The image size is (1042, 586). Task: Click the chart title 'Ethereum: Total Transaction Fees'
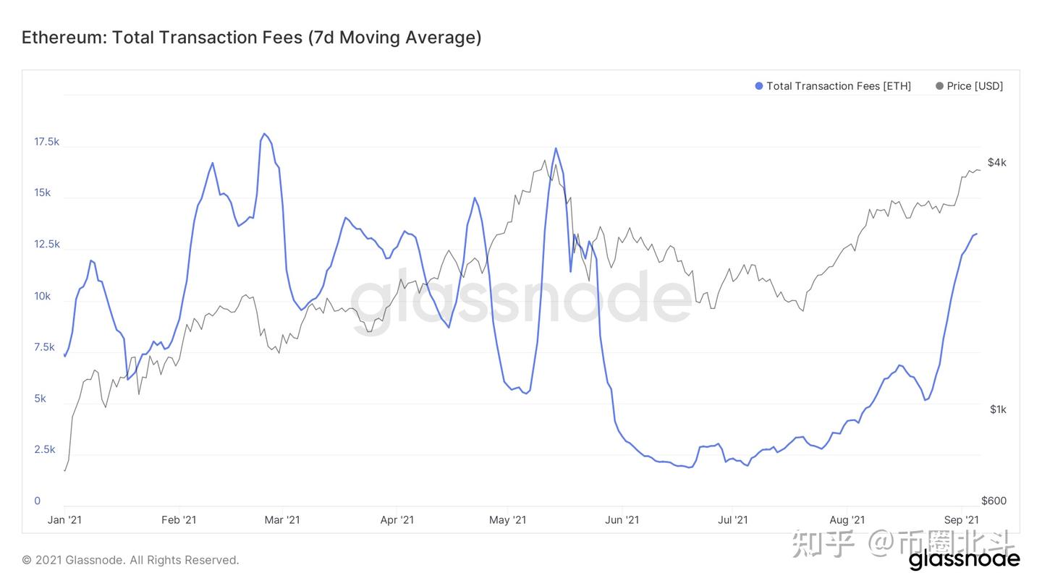[x=251, y=38]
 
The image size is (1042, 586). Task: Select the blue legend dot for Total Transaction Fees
[x=759, y=86]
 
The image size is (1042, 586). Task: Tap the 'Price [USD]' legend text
[x=975, y=86]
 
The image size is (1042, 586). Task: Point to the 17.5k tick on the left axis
[x=47, y=142]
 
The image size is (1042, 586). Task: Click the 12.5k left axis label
[x=47, y=245]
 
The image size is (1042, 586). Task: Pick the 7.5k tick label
[x=44, y=347]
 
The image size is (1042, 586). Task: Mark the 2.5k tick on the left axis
[x=44, y=450]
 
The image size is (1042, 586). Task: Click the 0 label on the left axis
[x=37, y=501]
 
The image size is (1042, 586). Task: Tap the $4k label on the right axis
[x=996, y=163]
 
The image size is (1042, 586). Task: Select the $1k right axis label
[x=998, y=409]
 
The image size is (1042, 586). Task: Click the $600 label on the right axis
[x=994, y=501]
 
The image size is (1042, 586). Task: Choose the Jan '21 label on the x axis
[x=64, y=520]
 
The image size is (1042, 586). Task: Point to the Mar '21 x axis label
[x=282, y=520]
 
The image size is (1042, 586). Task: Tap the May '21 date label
[x=508, y=520]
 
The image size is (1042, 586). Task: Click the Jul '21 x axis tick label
[x=733, y=520]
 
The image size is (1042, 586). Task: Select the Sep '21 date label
[x=961, y=520]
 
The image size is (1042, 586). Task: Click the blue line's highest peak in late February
[x=264, y=134]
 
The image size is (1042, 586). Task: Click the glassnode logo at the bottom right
[x=964, y=559]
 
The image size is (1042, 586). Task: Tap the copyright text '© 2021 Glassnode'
[x=130, y=560]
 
